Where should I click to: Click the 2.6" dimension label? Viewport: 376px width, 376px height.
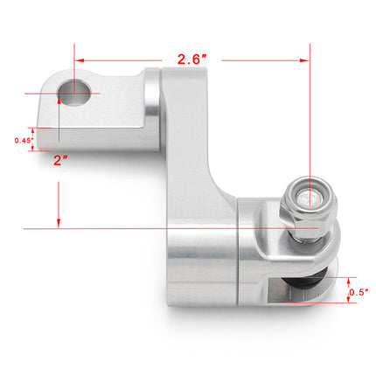click(191, 60)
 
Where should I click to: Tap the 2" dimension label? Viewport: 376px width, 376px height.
click(60, 161)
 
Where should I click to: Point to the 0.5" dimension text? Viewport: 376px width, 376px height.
click(356, 292)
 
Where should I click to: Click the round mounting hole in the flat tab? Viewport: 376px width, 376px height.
click(76, 92)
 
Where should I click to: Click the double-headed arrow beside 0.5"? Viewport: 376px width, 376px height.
click(342, 292)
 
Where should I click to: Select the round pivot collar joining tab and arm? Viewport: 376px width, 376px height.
click(153, 105)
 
